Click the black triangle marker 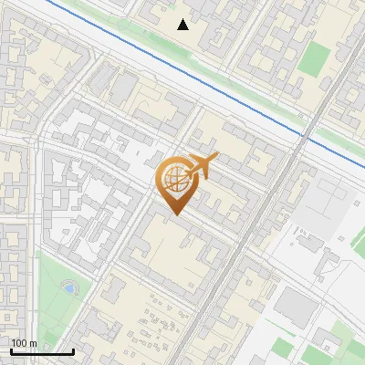tap(183, 25)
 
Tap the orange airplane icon tap(200, 167)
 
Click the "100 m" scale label tap(24, 343)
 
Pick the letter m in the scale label tap(33, 343)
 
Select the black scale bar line tap(41, 351)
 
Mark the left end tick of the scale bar tap(11, 349)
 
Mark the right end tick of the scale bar tap(72, 349)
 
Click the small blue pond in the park tap(68, 288)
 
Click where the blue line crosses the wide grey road tap(302, 135)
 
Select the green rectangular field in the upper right tap(313, 57)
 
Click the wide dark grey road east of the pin tap(265, 210)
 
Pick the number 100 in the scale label tap(19, 343)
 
